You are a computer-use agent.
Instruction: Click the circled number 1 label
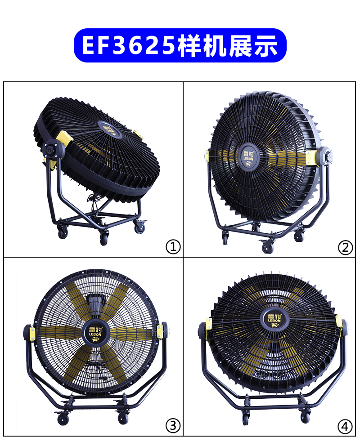click(x=173, y=247)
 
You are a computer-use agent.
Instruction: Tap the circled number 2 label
click(x=345, y=247)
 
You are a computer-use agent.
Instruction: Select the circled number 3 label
click(x=173, y=426)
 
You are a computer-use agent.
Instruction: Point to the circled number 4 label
click(x=345, y=426)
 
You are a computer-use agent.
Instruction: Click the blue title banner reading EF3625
click(x=180, y=45)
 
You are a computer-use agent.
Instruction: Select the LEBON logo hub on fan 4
click(x=274, y=318)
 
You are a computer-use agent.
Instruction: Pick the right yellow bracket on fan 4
click(x=339, y=321)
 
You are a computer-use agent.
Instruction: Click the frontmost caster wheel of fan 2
click(x=267, y=247)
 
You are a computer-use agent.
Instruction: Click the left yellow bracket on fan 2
click(x=207, y=157)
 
